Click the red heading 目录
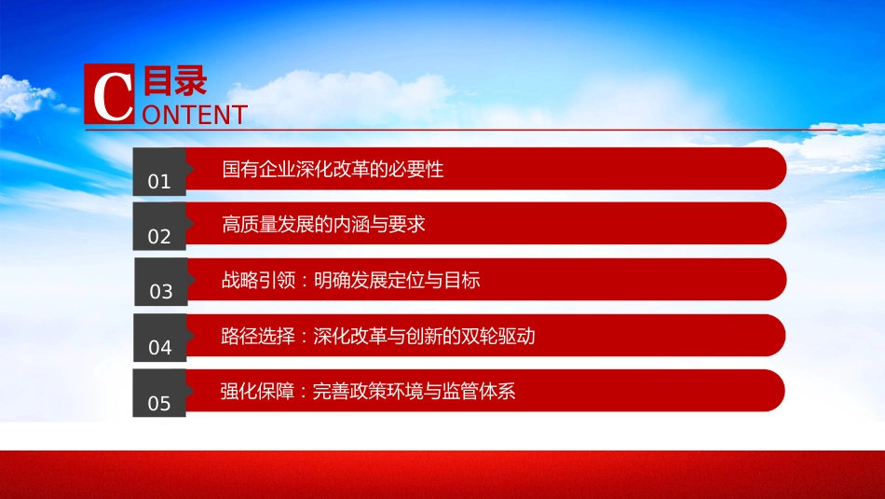coord(175,80)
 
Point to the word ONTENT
coord(195,116)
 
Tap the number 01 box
coord(159,172)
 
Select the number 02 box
coord(159,227)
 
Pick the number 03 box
coord(161,282)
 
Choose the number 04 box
coord(160,338)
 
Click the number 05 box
coord(159,394)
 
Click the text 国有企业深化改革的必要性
coord(333,169)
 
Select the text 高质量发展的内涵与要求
coord(323,225)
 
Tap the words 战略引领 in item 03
coord(258,280)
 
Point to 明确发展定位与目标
coord(397,280)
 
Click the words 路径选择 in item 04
coord(258,337)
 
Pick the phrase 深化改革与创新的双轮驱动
coord(424,337)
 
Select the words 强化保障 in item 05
coord(257,391)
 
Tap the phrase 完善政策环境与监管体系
coord(414,391)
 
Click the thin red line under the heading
coord(460,130)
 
